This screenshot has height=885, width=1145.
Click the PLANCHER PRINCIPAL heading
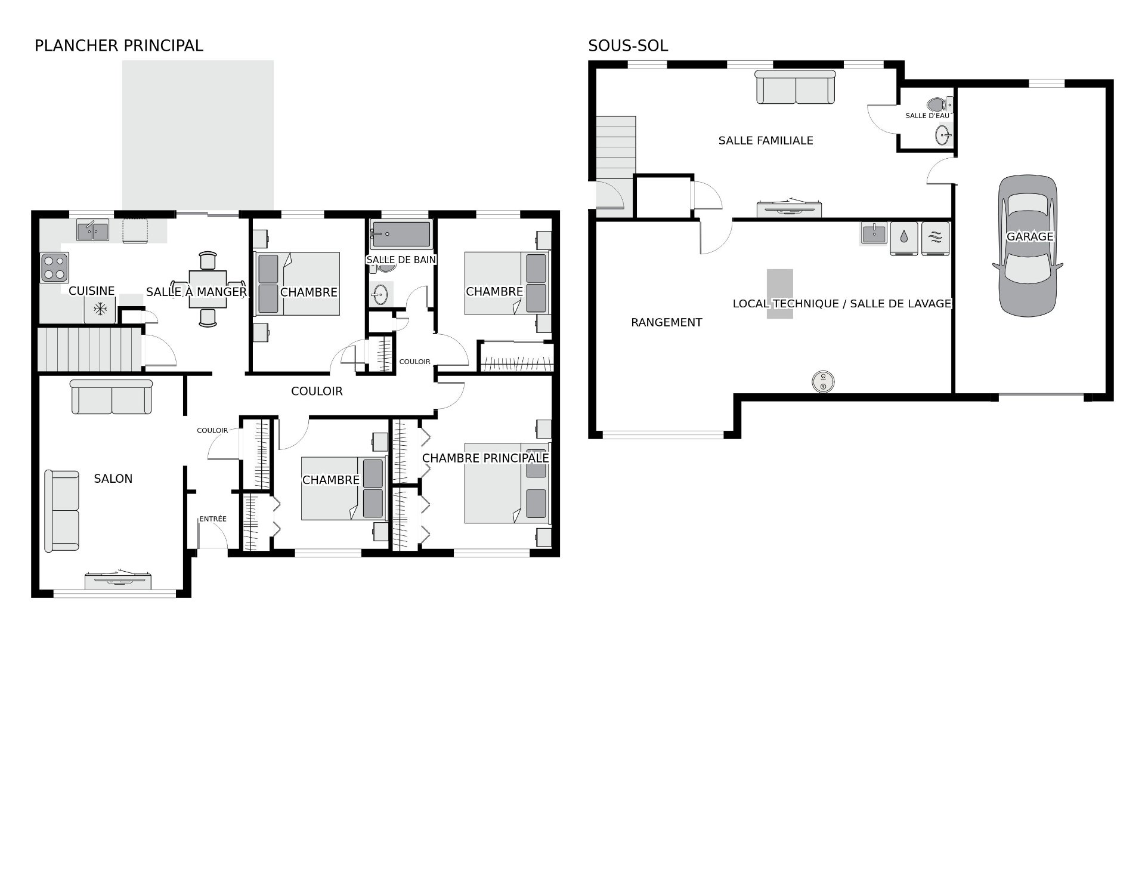pyautogui.click(x=119, y=45)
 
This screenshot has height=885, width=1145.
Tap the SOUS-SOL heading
pyautogui.click(x=628, y=45)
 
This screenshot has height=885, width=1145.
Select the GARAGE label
pyautogui.click(x=1030, y=236)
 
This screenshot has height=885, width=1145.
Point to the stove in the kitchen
pyautogui.click(x=54, y=267)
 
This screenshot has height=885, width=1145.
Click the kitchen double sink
pyautogui.click(x=92, y=230)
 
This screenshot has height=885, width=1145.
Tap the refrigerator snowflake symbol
pyautogui.click(x=100, y=309)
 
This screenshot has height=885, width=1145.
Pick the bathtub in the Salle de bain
pyautogui.click(x=401, y=235)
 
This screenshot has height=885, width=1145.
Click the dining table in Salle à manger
pyautogui.click(x=208, y=289)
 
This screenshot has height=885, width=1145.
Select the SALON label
pyautogui.click(x=113, y=479)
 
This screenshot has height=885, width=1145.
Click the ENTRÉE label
pyautogui.click(x=213, y=519)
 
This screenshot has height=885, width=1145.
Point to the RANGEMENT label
pyautogui.click(x=667, y=323)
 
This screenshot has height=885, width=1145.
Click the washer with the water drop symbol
pyautogui.click(x=904, y=239)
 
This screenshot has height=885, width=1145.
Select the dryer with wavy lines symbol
pyautogui.click(x=935, y=239)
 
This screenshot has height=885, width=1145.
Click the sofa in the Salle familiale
pyautogui.click(x=796, y=87)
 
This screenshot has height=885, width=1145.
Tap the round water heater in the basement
pyautogui.click(x=823, y=381)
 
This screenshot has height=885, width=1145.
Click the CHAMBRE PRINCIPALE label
pyautogui.click(x=485, y=458)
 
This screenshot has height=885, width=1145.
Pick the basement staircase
pyautogui.click(x=616, y=147)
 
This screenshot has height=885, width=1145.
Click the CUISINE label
pyautogui.click(x=92, y=291)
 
